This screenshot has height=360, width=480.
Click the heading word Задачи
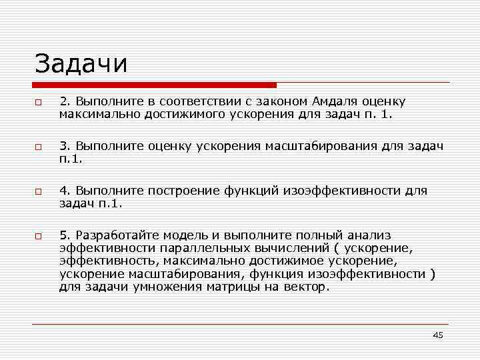(x=81, y=64)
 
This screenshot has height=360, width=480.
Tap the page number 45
(x=437, y=335)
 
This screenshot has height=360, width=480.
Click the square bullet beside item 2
(x=39, y=103)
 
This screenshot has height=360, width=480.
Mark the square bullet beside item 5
(x=39, y=236)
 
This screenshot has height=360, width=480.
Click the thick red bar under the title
(x=155, y=85)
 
